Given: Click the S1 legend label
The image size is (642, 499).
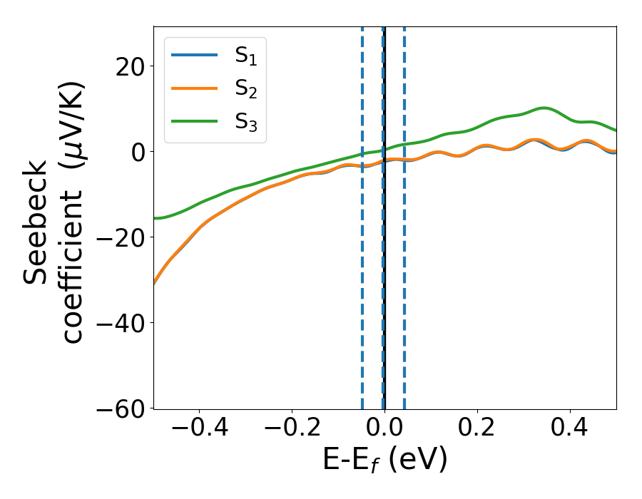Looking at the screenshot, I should coord(245,56).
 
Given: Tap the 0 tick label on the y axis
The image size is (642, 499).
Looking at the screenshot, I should coord(136,152).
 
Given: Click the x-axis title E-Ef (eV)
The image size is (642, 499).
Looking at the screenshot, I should coord(384,461).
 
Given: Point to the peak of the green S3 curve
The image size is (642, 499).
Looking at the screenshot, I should coord(544,108).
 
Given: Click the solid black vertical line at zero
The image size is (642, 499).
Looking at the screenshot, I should coord(384,285).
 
